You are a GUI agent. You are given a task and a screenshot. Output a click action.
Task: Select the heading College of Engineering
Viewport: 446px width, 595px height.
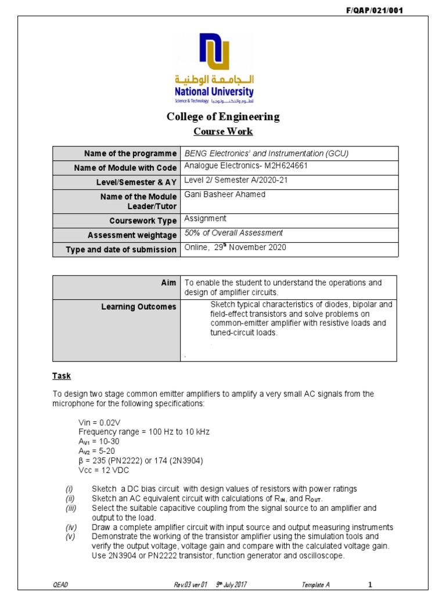[x=223, y=117]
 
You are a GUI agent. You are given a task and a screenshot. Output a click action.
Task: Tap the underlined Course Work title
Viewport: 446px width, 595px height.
[x=223, y=131]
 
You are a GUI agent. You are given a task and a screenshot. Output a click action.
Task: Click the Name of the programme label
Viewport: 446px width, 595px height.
[x=130, y=153]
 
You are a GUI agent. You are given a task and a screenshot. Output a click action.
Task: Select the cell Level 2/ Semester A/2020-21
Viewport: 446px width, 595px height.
[x=236, y=180]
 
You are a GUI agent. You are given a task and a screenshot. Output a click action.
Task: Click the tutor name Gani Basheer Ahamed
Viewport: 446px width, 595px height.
[x=225, y=195]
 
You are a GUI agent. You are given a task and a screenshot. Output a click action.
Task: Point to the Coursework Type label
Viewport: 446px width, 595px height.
[x=143, y=221]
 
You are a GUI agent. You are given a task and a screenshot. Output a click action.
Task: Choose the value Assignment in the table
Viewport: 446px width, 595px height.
[x=205, y=219]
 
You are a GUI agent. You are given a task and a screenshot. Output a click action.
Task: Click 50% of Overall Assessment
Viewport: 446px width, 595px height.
[x=233, y=233]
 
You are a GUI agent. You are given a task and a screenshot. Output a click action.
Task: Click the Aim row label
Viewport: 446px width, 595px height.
[x=168, y=283]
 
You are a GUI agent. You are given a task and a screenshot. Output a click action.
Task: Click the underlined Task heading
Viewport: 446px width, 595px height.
[x=62, y=376]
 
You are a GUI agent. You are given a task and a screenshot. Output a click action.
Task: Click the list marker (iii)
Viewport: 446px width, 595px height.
[x=70, y=508]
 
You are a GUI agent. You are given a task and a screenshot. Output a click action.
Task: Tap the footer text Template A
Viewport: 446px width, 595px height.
[x=316, y=584]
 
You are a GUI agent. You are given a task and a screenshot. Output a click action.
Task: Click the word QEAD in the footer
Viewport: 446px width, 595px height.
[x=60, y=584]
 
